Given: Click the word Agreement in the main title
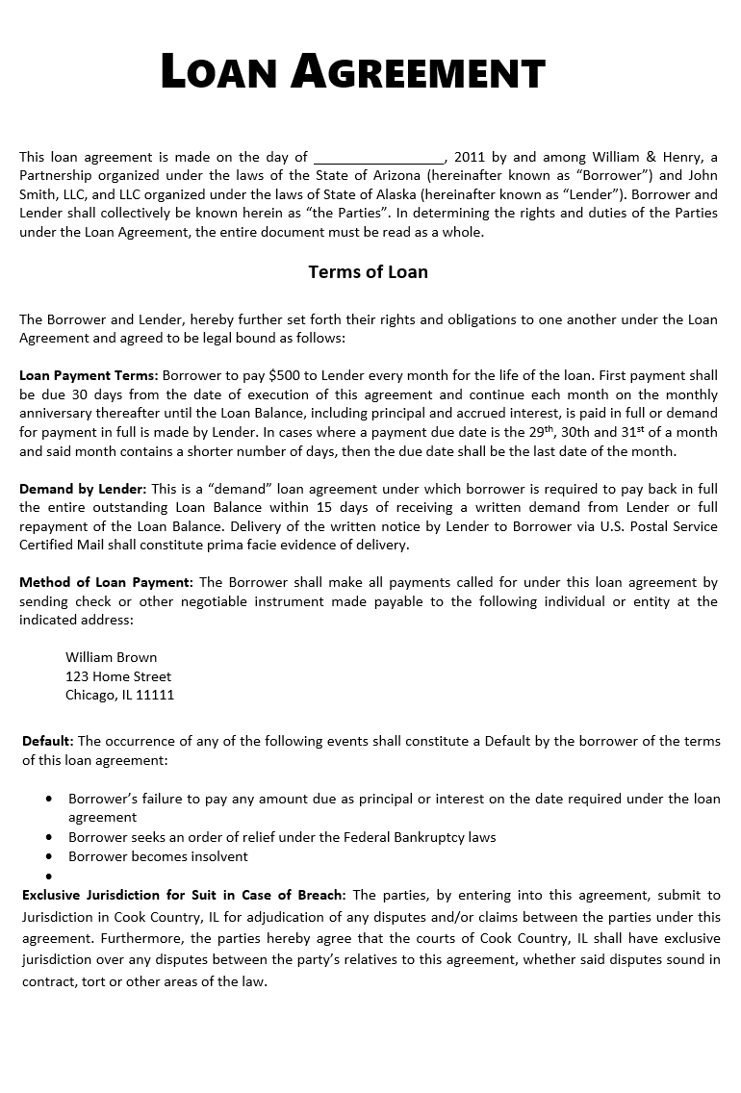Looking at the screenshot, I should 418,73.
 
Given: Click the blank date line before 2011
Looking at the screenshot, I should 379,157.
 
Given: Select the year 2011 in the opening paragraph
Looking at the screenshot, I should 470,157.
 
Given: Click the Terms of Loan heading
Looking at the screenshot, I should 368,272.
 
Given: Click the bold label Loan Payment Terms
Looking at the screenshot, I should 89,375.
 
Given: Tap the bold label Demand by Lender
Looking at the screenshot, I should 83,489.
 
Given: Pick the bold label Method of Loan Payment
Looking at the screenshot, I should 106,582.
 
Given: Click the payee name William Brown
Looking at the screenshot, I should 111,657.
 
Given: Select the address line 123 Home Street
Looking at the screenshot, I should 118,676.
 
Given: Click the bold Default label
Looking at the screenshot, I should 47,741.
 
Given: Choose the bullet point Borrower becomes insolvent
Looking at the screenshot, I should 158,856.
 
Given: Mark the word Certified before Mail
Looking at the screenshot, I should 45,545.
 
